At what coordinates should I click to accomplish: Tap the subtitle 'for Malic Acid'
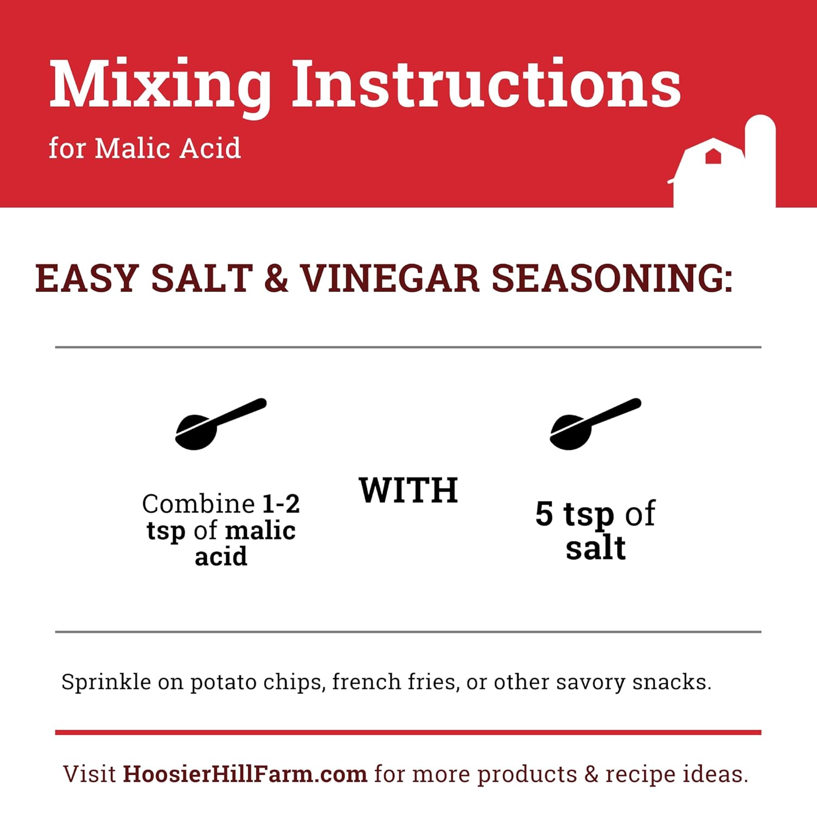coord(145,148)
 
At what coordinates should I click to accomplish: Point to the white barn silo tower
coord(760,161)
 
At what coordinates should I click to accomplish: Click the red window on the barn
coord(713,156)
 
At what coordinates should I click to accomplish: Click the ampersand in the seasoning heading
coord(276,279)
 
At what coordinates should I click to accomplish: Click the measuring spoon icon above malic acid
coord(220,424)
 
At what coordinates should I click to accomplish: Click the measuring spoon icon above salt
coord(595,424)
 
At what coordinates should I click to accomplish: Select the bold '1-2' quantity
coord(281,504)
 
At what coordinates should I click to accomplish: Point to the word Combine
coord(199,504)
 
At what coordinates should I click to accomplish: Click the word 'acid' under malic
coord(221,557)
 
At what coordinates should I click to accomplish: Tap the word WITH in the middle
coord(408,491)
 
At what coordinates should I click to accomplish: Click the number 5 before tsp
coord(544,514)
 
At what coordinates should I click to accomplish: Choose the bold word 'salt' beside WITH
coord(595,547)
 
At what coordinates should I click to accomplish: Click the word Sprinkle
coord(106,682)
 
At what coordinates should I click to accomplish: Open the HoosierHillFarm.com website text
coord(245,774)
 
